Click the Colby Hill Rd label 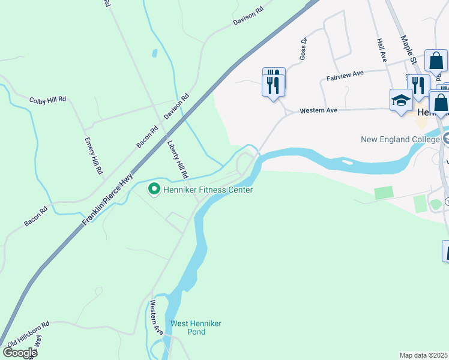tap(48, 100)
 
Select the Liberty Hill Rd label tap(178, 160)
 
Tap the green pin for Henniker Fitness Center tap(154, 190)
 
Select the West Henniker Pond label tap(196, 328)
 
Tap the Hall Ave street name tap(381, 50)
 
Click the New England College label tap(400, 139)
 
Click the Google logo tap(19, 353)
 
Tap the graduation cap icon tap(401, 100)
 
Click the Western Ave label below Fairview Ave tap(319, 110)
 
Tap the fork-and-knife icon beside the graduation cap tap(418, 85)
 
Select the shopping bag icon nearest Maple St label tap(436, 61)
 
